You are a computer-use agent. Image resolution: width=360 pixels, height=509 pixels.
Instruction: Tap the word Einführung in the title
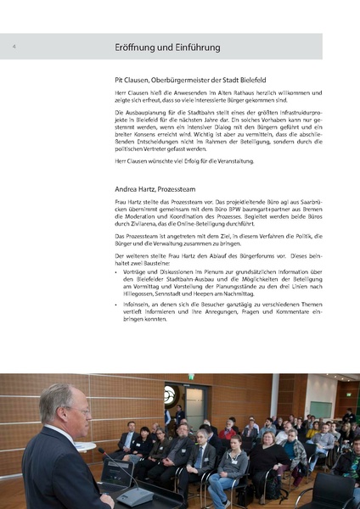[194, 48]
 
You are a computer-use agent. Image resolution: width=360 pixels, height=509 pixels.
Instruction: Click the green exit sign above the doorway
[191, 377]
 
